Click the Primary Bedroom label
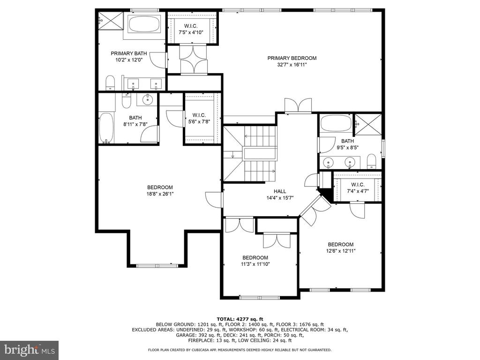pos(292,58)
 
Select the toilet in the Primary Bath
pos(110,83)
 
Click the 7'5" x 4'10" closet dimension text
pos(191,32)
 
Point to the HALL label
pos(280,191)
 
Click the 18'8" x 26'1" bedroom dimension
pos(160,194)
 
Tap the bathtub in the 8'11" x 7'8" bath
pos(106,128)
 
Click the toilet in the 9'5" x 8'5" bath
pos(371,161)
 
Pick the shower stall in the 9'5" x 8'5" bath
pos(368,124)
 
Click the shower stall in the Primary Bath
pos(111,21)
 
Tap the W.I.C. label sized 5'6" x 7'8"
pos(199,115)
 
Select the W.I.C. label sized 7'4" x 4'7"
pos(358,185)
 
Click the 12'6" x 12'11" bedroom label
pos(341,244)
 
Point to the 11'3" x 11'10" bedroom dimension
pos(255,264)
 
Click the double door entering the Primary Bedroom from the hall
pos(298,105)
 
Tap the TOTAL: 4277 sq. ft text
pos(240,319)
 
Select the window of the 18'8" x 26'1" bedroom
pos(157,265)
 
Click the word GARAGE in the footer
pos(185,335)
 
